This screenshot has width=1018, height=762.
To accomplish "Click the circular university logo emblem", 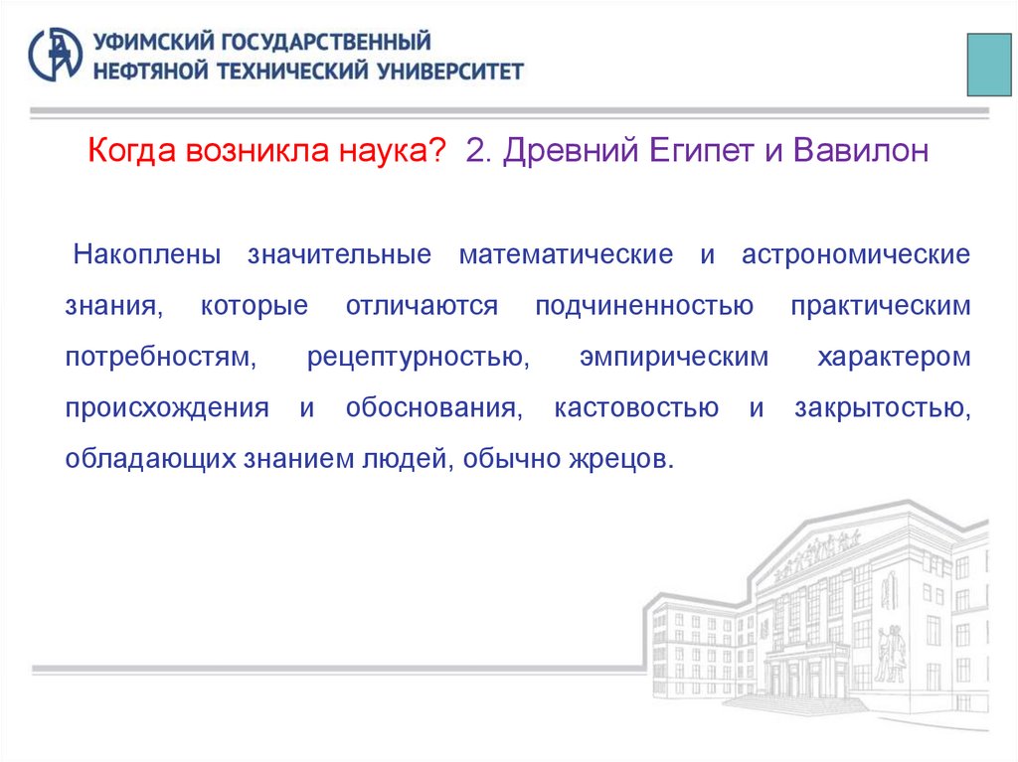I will (x=56, y=56).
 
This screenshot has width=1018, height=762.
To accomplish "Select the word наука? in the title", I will (x=395, y=152).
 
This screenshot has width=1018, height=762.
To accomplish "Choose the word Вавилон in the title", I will (x=860, y=152).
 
